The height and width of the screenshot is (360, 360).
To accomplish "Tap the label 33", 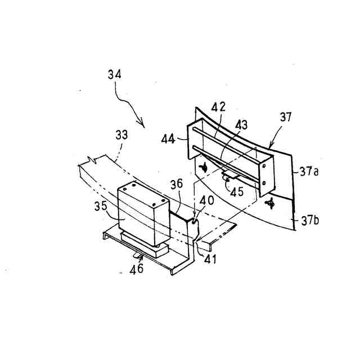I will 121,136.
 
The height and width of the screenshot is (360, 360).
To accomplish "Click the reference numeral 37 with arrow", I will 286,117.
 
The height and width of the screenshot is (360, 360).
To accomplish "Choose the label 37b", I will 310,219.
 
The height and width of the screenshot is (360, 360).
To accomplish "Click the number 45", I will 237,191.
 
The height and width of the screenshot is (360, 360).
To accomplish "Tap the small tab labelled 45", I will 228,177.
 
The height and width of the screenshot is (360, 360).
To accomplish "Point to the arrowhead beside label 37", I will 269,147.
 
